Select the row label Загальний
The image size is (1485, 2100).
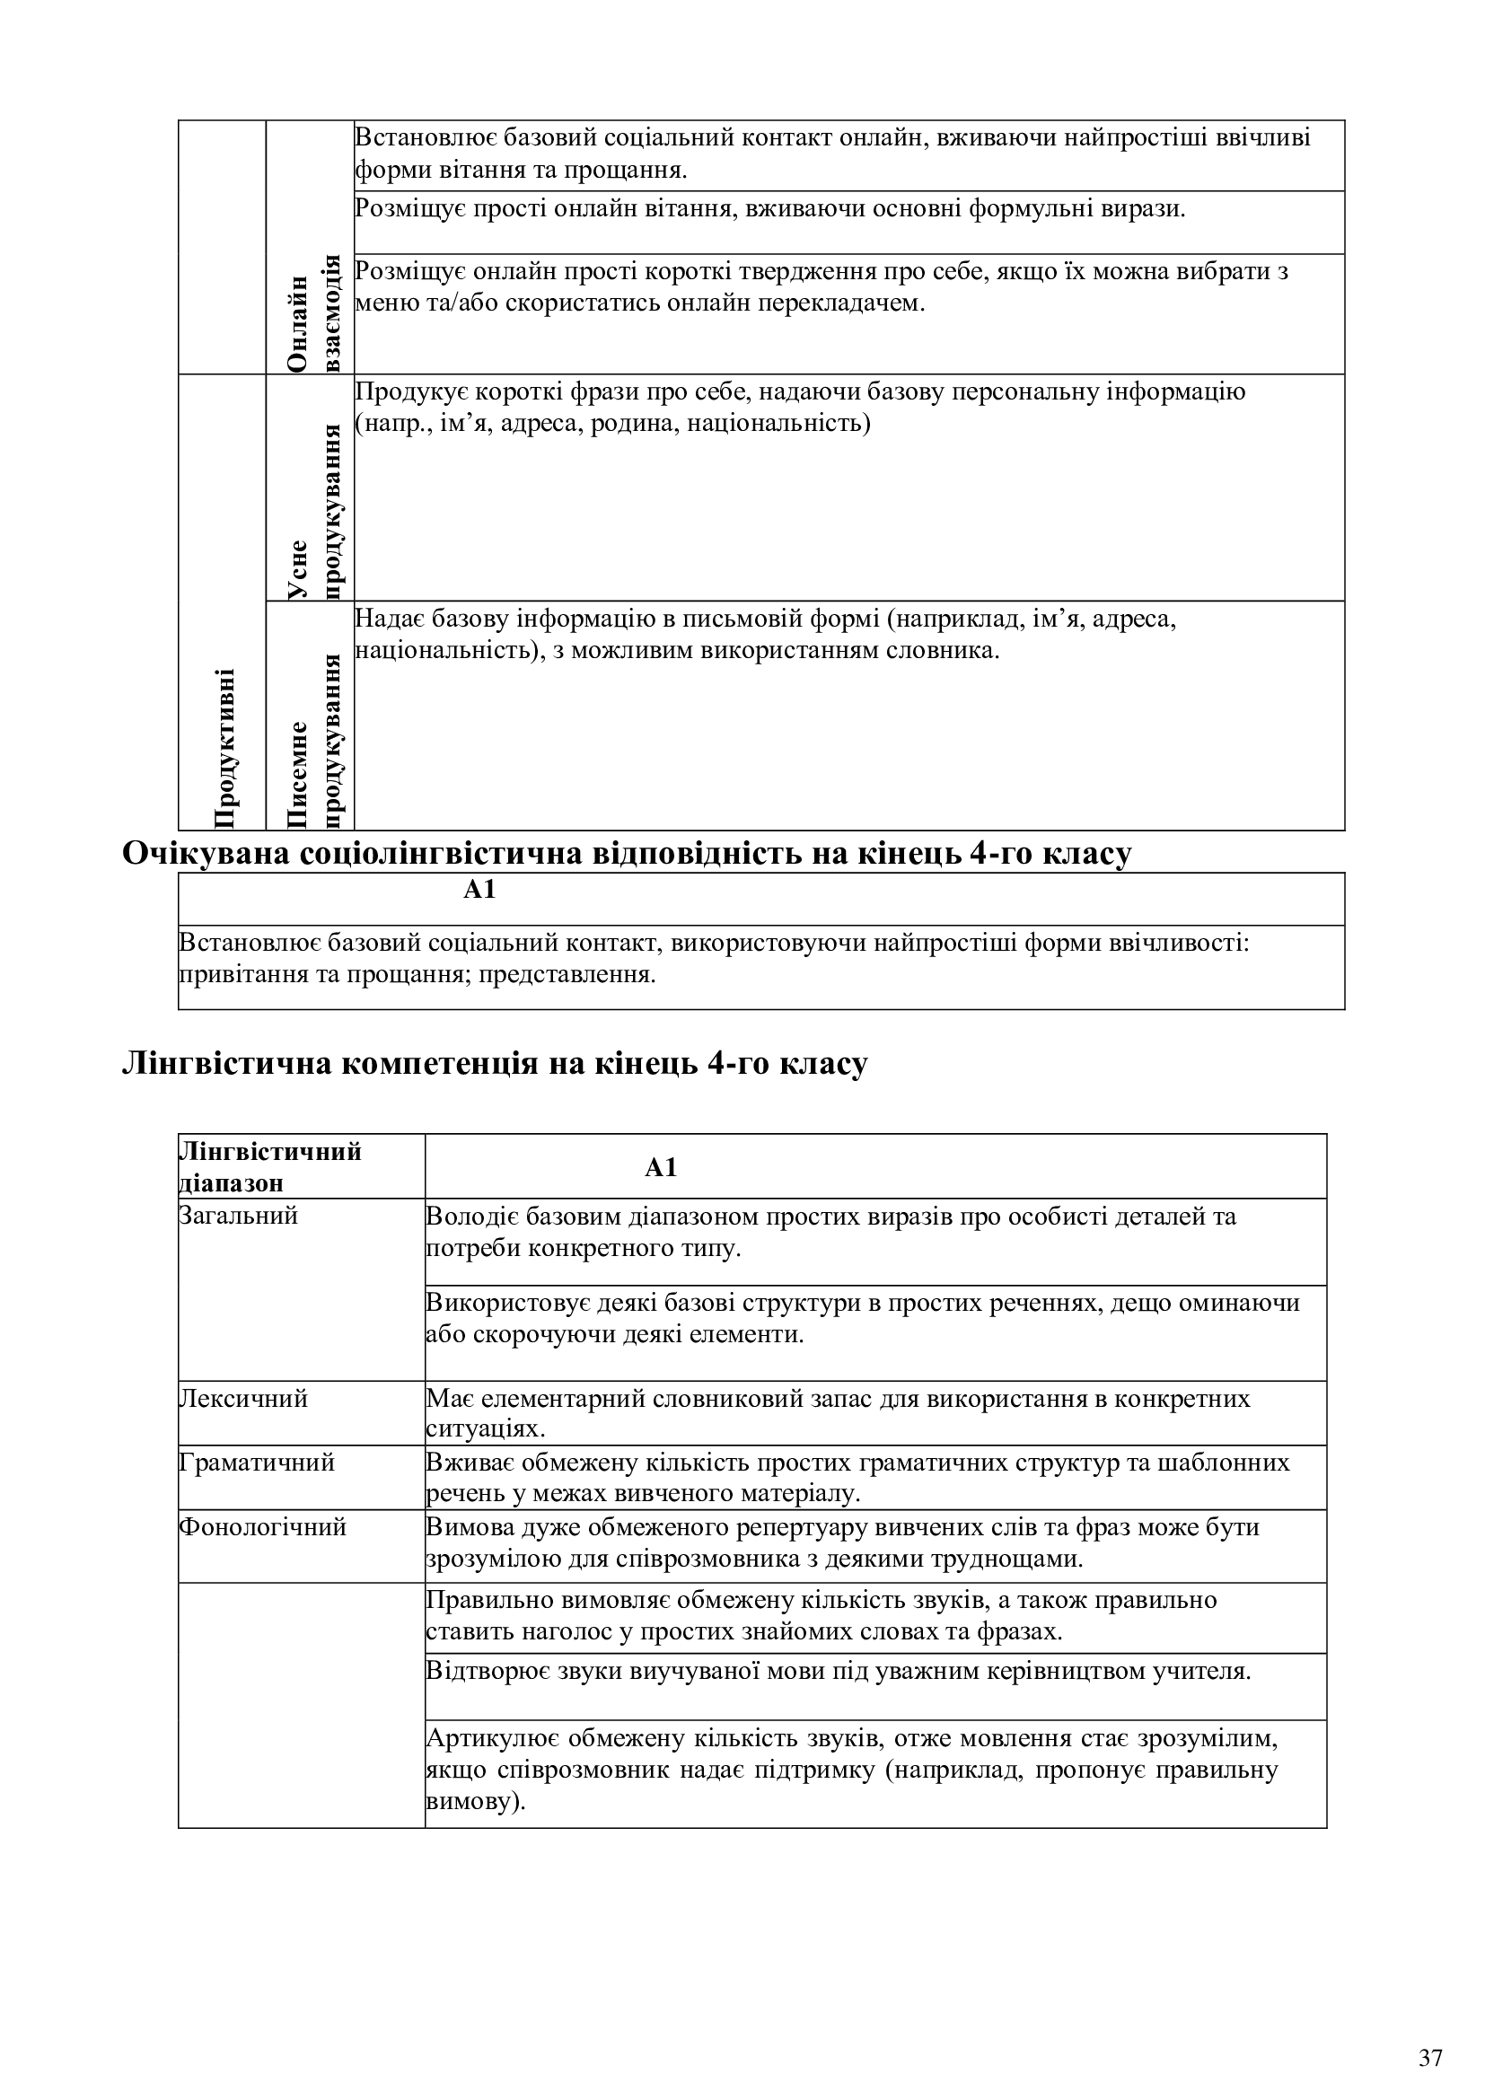(239, 1217)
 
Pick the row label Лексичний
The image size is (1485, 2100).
(243, 1399)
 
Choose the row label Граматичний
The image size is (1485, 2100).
(257, 1463)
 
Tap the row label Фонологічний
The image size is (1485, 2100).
(262, 1526)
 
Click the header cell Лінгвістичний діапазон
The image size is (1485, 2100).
(269, 1167)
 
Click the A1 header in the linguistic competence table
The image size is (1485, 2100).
(660, 1168)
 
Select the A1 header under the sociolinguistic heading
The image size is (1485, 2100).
(479, 890)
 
